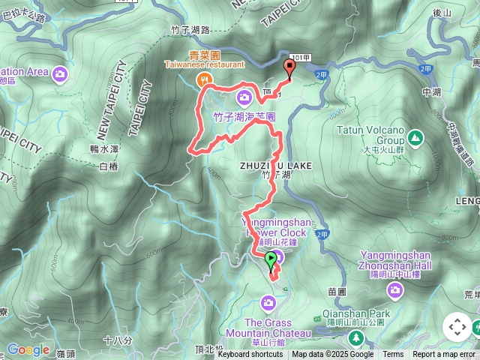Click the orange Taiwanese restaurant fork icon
click(202, 78)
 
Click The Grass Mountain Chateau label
click(268, 328)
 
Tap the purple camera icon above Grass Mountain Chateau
click(268, 302)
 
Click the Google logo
click(28, 349)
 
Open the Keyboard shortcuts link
click(250, 355)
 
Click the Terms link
click(393, 355)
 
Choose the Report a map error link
click(445, 355)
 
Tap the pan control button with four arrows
click(457, 326)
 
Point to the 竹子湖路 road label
click(190, 30)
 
